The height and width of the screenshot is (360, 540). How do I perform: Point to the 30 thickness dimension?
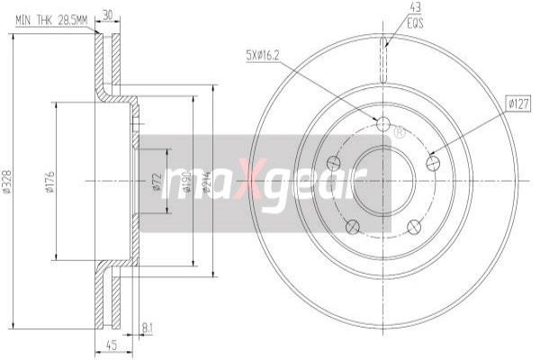108,14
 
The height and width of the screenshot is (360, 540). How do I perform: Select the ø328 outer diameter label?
7,184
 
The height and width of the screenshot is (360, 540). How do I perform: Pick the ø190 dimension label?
187,184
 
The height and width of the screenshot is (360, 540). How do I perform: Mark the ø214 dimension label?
206,184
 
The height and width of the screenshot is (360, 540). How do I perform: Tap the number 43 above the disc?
389,7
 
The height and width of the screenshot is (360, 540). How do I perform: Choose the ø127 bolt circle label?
517,104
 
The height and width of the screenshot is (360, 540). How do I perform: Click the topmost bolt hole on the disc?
382,123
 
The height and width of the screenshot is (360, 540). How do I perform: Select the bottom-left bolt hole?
352,226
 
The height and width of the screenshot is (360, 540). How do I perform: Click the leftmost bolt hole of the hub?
333,163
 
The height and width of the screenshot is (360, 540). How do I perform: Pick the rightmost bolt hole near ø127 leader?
434,163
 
